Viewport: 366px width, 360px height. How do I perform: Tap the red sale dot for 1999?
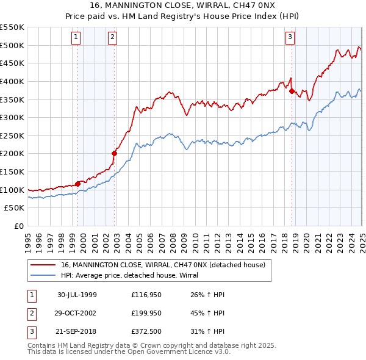click(78, 183)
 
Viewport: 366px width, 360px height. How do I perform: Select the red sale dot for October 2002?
click(114, 153)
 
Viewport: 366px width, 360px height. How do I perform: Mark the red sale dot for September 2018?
click(292, 91)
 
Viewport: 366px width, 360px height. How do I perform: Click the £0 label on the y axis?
click(19, 226)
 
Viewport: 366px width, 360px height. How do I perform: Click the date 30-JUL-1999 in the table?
click(77, 295)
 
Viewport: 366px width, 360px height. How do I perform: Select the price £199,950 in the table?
click(146, 313)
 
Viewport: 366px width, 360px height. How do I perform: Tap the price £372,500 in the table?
click(146, 331)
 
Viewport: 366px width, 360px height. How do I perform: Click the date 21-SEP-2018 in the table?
click(77, 331)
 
